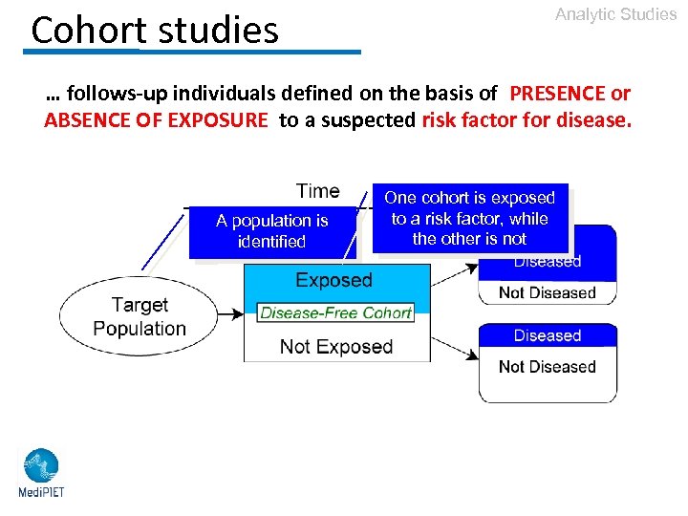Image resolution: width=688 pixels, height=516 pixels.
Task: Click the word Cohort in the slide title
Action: point(90,31)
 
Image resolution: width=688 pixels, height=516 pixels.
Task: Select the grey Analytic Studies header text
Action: point(615,14)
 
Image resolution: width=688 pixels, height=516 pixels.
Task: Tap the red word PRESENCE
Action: point(558,94)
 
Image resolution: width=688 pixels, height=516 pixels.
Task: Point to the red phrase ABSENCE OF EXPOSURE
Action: point(157,121)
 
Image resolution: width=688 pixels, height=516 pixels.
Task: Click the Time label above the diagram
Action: point(317,191)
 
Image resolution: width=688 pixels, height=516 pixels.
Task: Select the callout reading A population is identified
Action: point(271,231)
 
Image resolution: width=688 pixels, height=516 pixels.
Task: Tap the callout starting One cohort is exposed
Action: point(469,219)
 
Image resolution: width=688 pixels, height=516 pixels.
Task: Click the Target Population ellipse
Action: point(140,316)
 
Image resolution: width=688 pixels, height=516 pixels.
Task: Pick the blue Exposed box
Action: point(333,281)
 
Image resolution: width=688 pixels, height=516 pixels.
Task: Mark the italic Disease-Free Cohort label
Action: point(335,312)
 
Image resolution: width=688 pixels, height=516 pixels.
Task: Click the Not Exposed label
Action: point(336,347)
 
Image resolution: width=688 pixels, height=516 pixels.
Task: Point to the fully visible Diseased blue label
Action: point(547,335)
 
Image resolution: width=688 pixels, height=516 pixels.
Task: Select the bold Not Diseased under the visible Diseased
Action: point(547,367)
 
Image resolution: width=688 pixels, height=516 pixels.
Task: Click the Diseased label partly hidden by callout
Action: point(547,262)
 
